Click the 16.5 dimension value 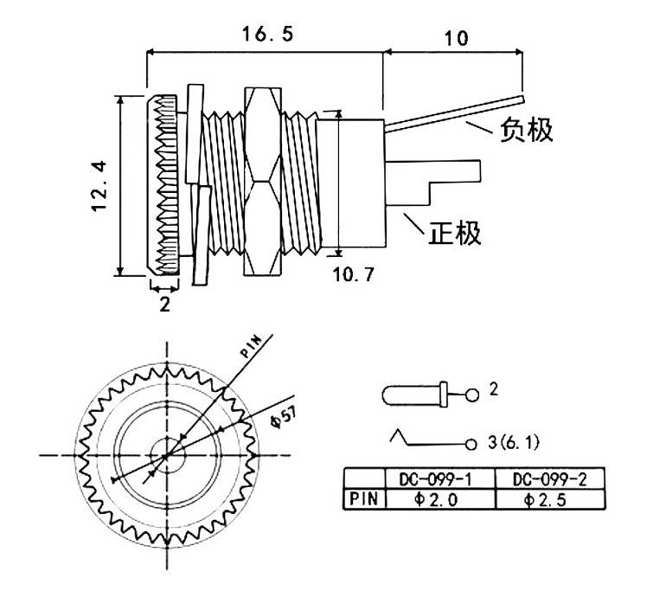tap(268, 34)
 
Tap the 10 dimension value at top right tap(457, 38)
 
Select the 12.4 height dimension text tap(100, 186)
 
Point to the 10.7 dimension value tap(354, 274)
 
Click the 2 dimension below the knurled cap tap(165, 305)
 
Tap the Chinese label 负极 tap(527, 130)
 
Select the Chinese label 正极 tap(455, 233)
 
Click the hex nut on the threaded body tap(262, 181)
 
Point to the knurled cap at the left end tap(162, 185)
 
